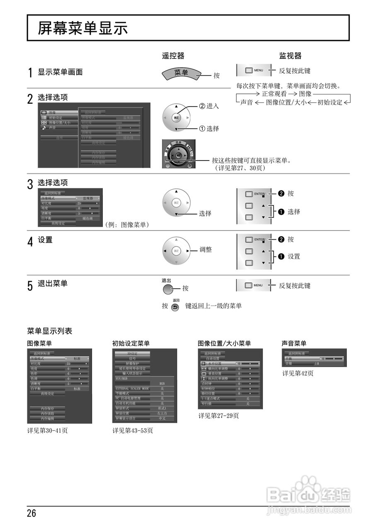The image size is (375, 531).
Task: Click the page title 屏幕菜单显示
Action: tap(83, 28)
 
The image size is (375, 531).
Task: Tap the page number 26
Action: tap(31, 514)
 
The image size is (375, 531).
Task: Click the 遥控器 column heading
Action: tap(173, 56)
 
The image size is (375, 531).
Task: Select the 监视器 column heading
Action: tap(290, 56)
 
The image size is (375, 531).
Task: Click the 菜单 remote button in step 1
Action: tap(181, 73)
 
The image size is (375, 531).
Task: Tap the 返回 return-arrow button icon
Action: tap(175, 308)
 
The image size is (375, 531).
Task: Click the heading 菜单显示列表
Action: tap(50, 331)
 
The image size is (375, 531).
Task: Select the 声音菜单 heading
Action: tap(294, 343)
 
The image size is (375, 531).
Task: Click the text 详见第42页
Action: tap(298, 373)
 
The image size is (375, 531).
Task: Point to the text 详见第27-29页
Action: tap(218, 416)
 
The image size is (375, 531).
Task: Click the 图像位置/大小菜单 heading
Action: tap(224, 343)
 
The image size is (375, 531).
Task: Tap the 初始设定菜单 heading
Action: tap(131, 343)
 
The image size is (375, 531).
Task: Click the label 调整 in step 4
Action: tap(206, 250)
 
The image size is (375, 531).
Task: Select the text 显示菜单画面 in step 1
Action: tap(60, 72)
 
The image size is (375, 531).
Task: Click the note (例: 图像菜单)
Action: tap(127, 224)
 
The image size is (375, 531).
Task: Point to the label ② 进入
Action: tap(209, 106)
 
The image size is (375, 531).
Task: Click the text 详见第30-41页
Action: tap(47, 431)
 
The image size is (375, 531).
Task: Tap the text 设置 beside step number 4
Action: tap(45, 240)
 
